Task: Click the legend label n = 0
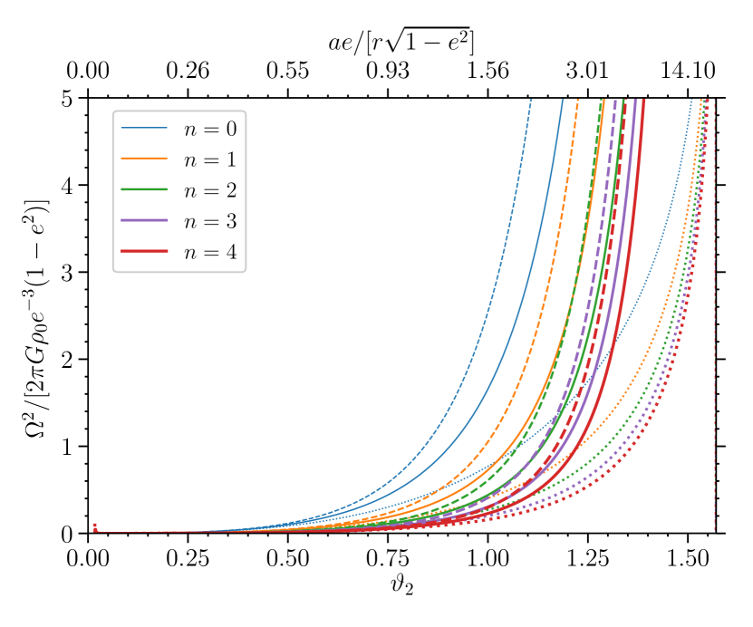209,129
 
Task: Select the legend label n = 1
209,159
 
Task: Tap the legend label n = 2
209,190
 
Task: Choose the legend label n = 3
209,221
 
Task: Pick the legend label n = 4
209,252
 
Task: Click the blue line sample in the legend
144,128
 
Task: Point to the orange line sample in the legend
144,159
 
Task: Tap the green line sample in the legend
144,189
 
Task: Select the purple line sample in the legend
144,220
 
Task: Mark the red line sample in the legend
144,251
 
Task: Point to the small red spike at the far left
95,527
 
